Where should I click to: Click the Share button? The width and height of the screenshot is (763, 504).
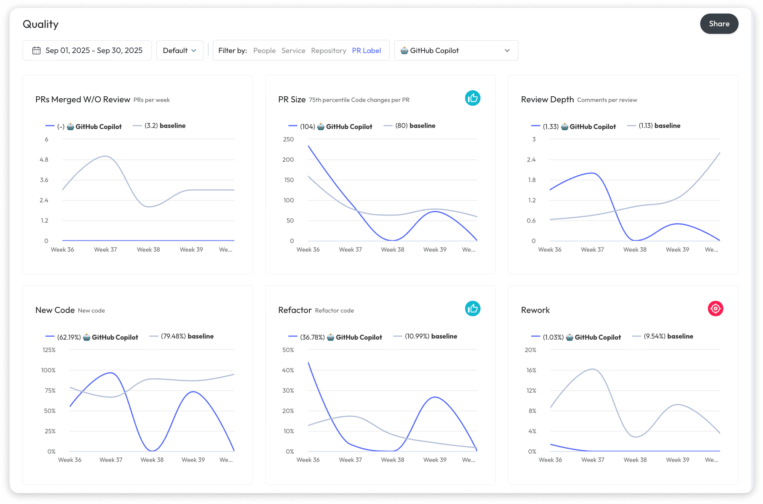point(719,24)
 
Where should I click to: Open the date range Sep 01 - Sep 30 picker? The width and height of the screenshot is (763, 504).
point(87,50)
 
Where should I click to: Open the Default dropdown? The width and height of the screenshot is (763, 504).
point(180,50)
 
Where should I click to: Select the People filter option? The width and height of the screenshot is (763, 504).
point(264,50)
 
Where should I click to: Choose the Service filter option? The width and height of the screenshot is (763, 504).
point(293,50)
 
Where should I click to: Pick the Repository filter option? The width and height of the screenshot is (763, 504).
point(329,50)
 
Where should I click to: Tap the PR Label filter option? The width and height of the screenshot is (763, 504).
point(366,50)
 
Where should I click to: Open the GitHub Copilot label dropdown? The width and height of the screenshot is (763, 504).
point(456,50)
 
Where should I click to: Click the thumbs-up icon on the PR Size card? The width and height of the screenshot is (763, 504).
point(472,98)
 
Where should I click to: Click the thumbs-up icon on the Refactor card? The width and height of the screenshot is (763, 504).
point(472,309)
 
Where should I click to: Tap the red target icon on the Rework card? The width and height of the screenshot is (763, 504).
point(715,309)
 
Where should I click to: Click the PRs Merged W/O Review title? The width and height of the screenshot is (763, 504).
point(83,100)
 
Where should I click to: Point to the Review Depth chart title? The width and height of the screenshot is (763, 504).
point(547,100)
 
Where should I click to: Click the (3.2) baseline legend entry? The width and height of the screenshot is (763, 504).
point(159,126)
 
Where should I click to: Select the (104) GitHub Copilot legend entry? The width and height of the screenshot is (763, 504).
point(330,126)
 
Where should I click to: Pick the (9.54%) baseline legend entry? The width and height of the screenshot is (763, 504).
point(663,336)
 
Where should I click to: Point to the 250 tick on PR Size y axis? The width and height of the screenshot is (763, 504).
point(288,139)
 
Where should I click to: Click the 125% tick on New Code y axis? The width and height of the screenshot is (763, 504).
point(49,350)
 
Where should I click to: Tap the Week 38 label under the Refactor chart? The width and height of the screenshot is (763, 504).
point(392,460)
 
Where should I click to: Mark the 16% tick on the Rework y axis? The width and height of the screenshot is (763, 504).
point(531,370)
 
